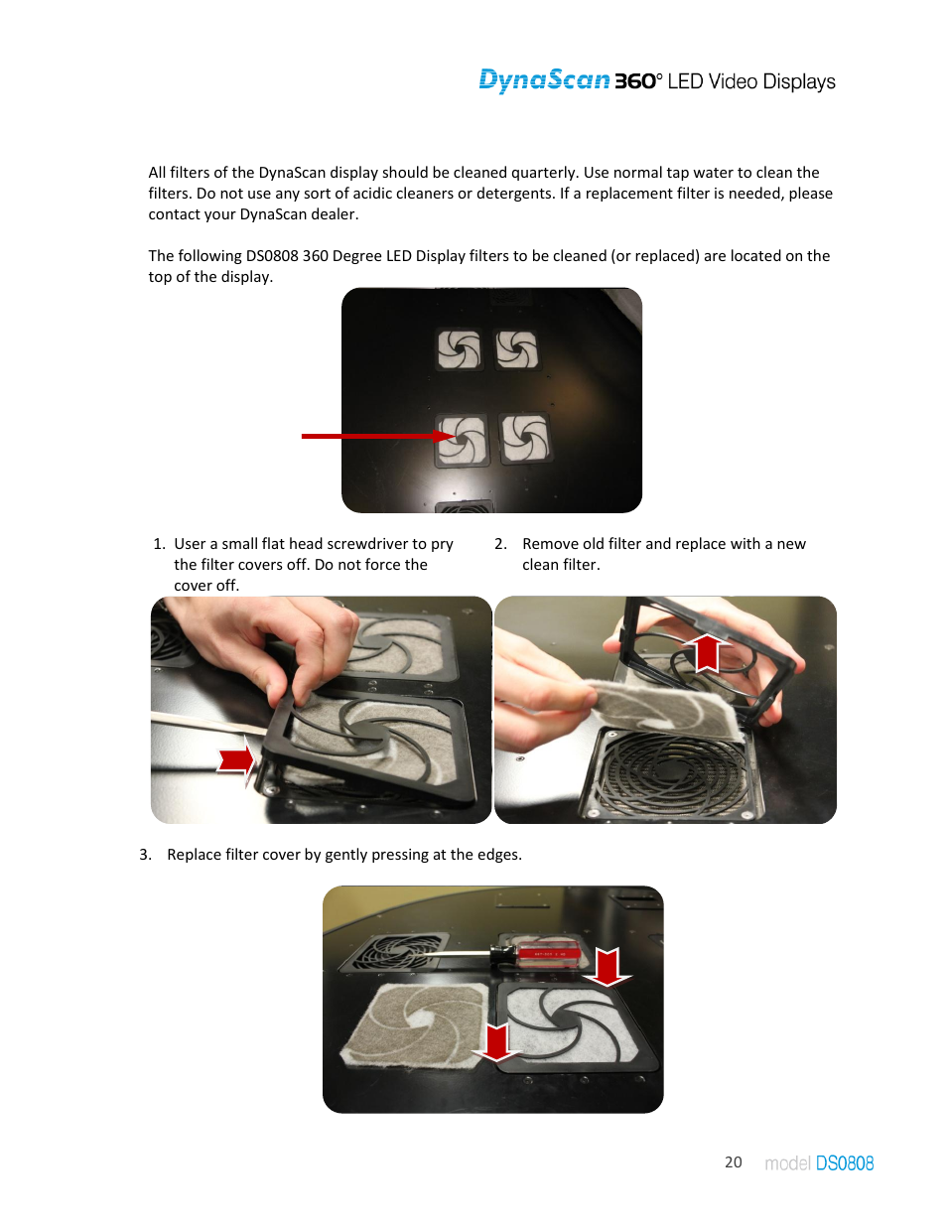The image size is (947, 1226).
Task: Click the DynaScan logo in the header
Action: point(544,80)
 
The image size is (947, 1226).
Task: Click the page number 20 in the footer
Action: point(733,1161)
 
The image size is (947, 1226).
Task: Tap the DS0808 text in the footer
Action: point(844,1162)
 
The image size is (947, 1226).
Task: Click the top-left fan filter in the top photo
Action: point(460,349)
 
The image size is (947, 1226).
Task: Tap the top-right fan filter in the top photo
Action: point(517,349)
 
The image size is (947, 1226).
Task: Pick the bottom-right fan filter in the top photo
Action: point(524,439)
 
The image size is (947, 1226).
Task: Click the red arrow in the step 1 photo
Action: point(236,761)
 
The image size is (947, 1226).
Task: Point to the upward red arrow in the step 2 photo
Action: point(706,653)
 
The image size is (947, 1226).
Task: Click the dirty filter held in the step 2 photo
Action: point(665,707)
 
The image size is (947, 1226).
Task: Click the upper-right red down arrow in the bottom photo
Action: point(607,966)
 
